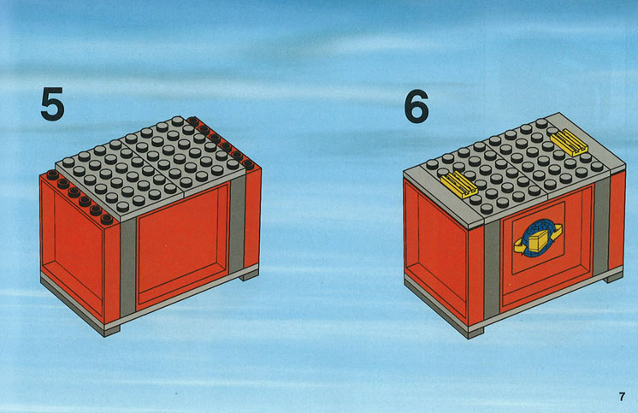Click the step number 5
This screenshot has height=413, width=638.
coord(52,104)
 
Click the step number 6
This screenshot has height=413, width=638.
coord(416,107)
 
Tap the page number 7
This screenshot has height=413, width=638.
coord(621,397)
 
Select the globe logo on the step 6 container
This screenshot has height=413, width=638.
coord(538,238)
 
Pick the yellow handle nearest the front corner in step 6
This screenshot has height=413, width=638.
coord(459,184)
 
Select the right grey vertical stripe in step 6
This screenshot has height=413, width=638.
coord(601,227)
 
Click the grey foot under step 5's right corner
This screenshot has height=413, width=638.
coord(249,276)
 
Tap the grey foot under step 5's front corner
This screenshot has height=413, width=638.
coord(112,332)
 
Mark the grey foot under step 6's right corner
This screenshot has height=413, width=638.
coord(613,279)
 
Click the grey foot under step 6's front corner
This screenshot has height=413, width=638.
coord(476,334)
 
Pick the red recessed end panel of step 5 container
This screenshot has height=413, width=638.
coord(72,249)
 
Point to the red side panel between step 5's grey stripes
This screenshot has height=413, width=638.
coord(183,245)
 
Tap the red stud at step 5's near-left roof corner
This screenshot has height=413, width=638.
coord(107,220)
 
